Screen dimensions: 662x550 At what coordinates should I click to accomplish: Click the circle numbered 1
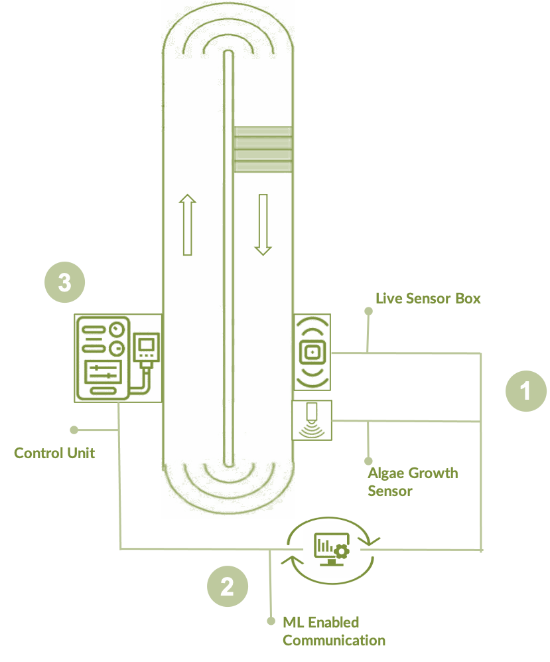pos(526,391)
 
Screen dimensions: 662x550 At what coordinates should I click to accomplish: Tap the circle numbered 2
pos(228,586)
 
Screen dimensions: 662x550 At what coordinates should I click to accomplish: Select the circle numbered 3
pos(64,283)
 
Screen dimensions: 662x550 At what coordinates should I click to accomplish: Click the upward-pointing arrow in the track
pos(188,225)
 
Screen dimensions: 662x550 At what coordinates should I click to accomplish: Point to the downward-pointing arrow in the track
pos(263,225)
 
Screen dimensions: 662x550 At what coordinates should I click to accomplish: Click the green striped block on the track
pos(263,149)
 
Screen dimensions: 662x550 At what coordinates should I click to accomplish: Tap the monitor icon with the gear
pos(332,550)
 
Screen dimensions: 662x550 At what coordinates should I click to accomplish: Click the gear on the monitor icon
pos(342,551)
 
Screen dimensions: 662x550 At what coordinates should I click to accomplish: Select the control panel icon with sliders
pos(103,358)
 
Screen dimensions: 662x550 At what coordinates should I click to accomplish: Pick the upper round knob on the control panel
pos(118,329)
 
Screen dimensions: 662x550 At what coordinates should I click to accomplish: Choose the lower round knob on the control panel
pos(118,349)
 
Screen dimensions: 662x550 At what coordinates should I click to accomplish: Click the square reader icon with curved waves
pos(312,352)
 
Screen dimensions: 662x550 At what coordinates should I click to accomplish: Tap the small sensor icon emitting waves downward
pos(311,420)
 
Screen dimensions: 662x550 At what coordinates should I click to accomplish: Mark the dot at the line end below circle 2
pos(271,621)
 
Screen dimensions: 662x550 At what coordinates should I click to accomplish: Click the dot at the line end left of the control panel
pos(74,430)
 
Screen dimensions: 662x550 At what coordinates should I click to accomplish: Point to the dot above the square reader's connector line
pos(369,311)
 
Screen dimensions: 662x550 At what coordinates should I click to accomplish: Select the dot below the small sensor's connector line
pos(369,461)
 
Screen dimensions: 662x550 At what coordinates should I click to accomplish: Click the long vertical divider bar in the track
pos(228,259)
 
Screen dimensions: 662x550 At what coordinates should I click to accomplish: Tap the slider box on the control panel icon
pos(103,370)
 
